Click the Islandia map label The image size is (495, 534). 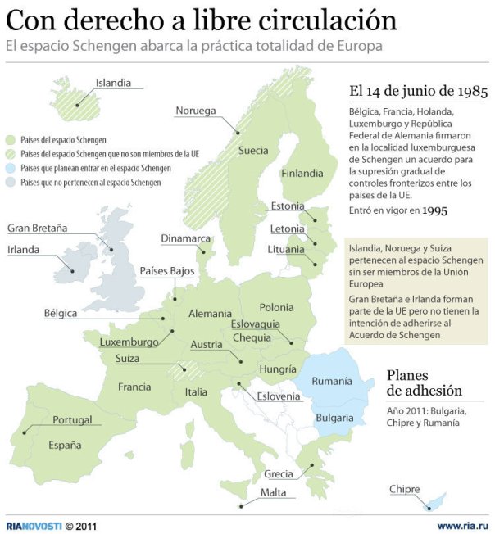(119, 83)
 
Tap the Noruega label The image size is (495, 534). (195, 111)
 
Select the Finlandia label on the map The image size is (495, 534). (302, 174)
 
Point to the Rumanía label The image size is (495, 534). (332, 381)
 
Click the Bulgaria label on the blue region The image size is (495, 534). (334, 418)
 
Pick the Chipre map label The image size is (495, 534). (404, 490)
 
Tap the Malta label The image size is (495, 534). (273, 492)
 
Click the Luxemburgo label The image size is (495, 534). (129, 342)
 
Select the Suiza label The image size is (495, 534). (127, 359)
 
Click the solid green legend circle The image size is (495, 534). (11, 140)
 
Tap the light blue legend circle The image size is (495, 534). (11, 168)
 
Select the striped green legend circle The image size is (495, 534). (11, 154)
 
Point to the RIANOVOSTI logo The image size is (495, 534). (33, 525)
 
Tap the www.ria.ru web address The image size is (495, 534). (462, 525)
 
